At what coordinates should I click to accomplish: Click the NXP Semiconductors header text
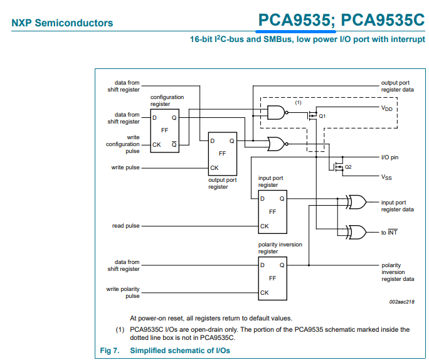click(x=62, y=23)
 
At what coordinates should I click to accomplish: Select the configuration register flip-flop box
click(x=165, y=130)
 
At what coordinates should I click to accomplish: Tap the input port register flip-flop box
click(x=272, y=211)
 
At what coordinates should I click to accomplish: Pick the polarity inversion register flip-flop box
click(x=272, y=277)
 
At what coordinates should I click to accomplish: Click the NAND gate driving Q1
click(x=275, y=114)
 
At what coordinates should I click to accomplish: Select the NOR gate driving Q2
click(x=275, y=144)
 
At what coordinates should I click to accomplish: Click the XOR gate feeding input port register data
click(x=357, y=202)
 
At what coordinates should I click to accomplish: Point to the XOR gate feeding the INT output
click(x=357, y=232)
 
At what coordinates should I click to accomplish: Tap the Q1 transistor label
click(x=322, y=117)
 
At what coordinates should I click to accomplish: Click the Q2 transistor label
click(x=348, y=167)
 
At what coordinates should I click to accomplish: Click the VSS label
click(x=387, y=177)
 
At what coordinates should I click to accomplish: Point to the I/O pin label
click(x=389, y=157)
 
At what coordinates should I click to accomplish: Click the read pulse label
click(x=125, y=226)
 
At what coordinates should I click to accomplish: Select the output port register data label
click(x=397, y=87)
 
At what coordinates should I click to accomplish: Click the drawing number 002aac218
click(x=401, y=302)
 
